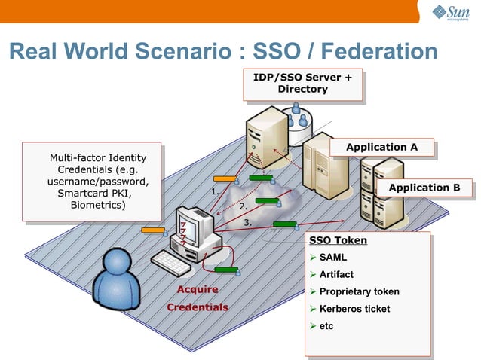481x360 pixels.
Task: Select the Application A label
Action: point(381,147)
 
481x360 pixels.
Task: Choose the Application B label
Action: point(424,188)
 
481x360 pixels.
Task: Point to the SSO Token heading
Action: point(339,240)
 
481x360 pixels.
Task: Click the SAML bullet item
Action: point(333,258)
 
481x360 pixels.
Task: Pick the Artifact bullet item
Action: point(336,274)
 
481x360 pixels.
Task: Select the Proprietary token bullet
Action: point(359,291)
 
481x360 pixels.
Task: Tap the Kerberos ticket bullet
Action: point(354,309)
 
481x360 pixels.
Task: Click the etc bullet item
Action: point(326,326)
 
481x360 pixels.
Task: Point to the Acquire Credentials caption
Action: point(197,298)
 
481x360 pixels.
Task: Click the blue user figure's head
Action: point(119,263)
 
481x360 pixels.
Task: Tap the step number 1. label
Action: point(215,192)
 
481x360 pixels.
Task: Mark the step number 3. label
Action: point(247,222)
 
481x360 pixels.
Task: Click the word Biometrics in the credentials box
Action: point(98,204)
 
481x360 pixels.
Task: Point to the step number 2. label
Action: point(243,206)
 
